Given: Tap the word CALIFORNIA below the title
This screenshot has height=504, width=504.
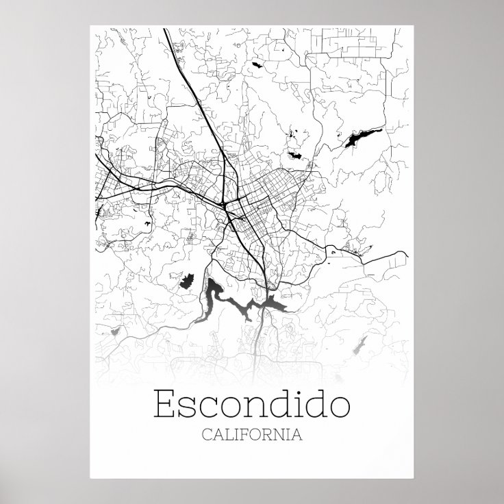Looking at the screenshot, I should click(x=252, y=434).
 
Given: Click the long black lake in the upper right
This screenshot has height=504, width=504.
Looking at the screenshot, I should click(x=358, y=137).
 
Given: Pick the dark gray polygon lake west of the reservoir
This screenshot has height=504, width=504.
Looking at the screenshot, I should click(x=188, y=280).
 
